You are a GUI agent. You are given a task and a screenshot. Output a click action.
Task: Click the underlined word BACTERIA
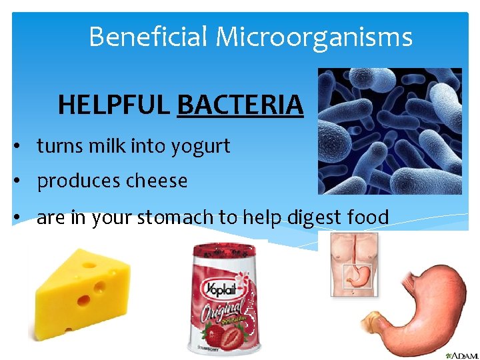point(240,105)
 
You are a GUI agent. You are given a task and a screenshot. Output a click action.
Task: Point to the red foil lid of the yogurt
point(224,251)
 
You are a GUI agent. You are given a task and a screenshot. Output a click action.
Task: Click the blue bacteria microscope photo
point(389,131)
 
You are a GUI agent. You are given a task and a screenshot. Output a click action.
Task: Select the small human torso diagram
point(354,264)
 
